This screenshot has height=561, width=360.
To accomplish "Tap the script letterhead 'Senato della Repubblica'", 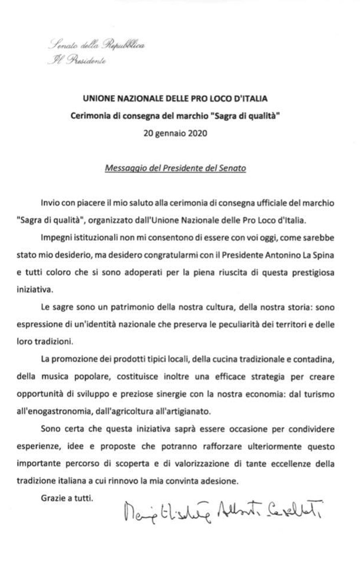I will coord(96,45).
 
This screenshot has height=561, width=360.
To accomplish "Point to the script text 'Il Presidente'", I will coord(76,61).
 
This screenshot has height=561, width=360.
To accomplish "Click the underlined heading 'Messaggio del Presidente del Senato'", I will coord(175,168).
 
